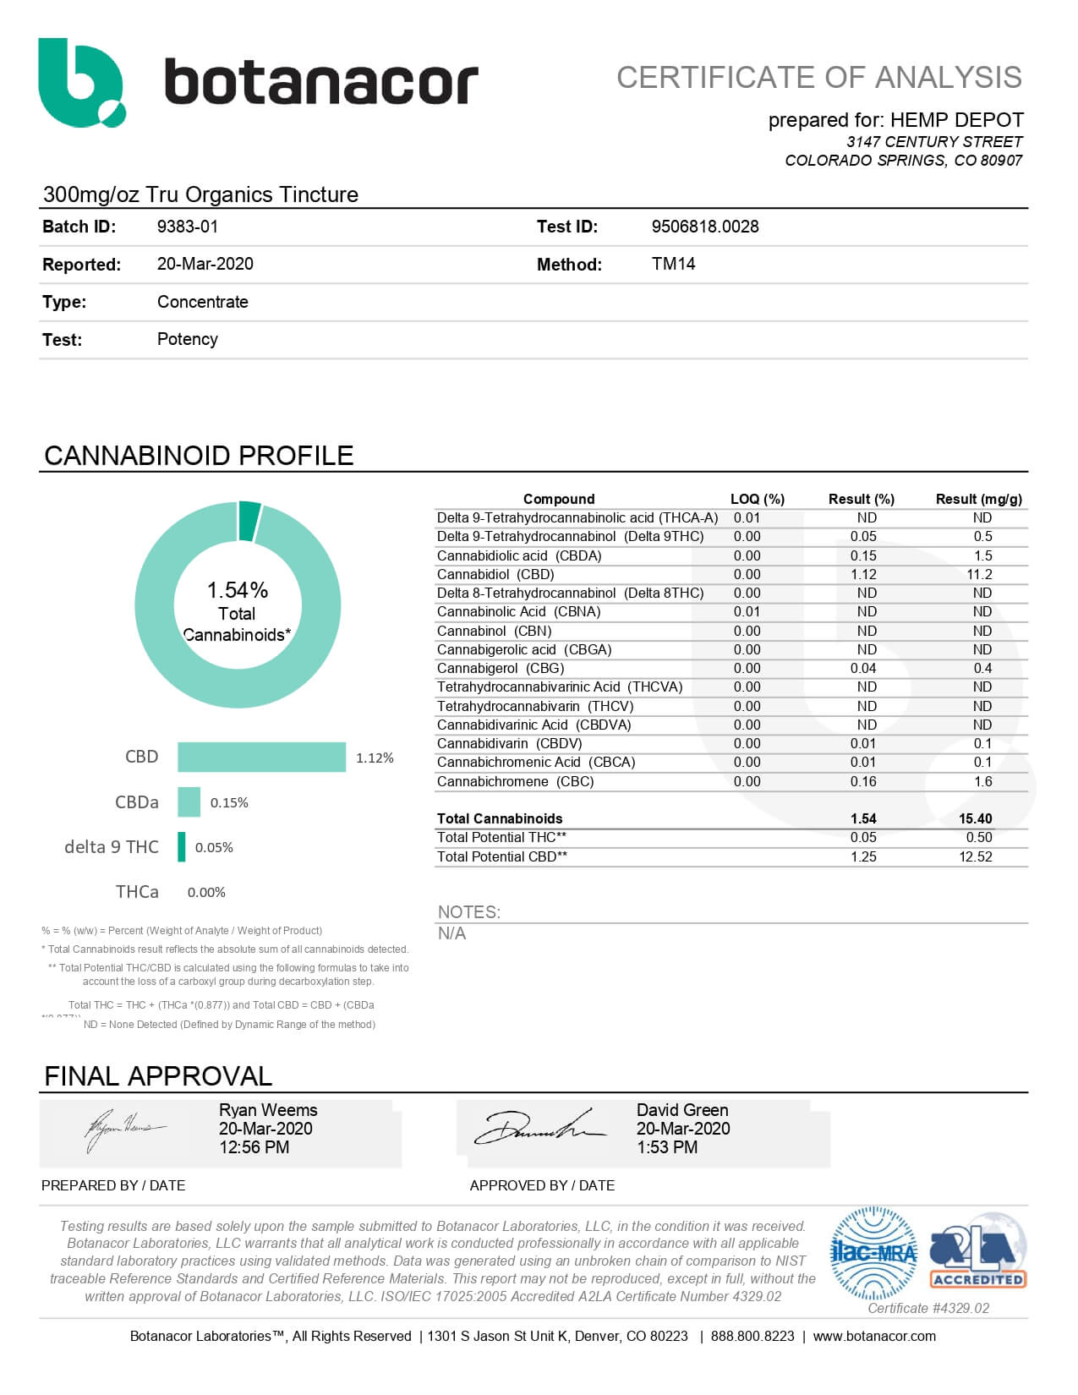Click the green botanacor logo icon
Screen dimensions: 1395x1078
point(80,82)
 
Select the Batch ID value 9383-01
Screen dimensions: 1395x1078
point(188,227)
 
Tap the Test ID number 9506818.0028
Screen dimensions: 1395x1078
point(704,227)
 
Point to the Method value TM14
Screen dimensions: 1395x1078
point(673,264)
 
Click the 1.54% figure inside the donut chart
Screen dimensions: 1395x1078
point(238,590)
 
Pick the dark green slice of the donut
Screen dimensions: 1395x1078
point(249,520)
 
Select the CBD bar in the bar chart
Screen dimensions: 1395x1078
point(261,757)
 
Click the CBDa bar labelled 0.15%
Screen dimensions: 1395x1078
point(189,802)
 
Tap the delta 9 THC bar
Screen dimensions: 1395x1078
point(182,847)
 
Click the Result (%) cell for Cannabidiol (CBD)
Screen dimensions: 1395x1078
point(863,575)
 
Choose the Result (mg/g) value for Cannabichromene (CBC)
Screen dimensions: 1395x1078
point(982,782)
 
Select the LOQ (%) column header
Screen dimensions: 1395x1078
point(757,499)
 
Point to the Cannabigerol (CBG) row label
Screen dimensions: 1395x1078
point(500,669)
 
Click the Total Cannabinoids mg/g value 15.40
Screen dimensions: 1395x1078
point(975,818)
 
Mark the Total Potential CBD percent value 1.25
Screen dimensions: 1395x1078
point(863,856)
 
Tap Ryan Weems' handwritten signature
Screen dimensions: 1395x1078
point(123,1129)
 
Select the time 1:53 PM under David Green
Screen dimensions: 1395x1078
point(667,1147)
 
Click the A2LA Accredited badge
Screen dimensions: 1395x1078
point(977,1257)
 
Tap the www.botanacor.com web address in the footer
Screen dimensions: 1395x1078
point(873,1336)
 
